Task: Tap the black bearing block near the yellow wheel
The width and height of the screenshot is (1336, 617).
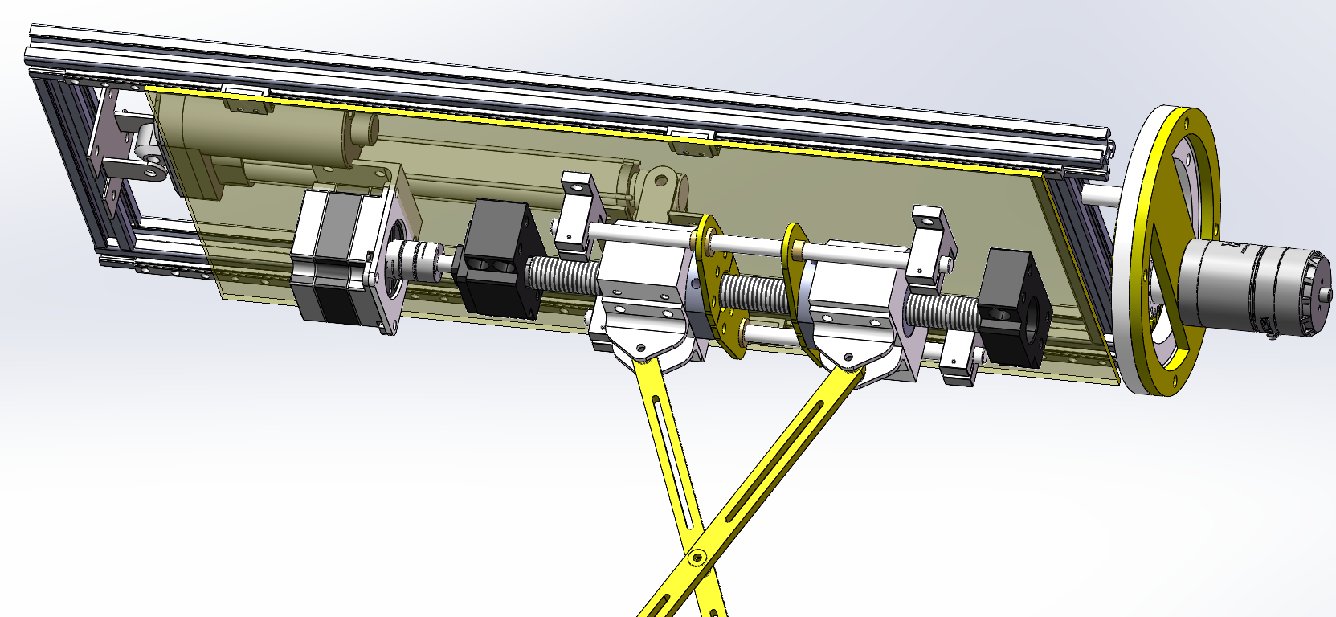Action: (1010, 309)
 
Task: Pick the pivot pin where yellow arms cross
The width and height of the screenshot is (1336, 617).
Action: (697, 555)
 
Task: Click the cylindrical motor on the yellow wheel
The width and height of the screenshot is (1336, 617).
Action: (1245, 289)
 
